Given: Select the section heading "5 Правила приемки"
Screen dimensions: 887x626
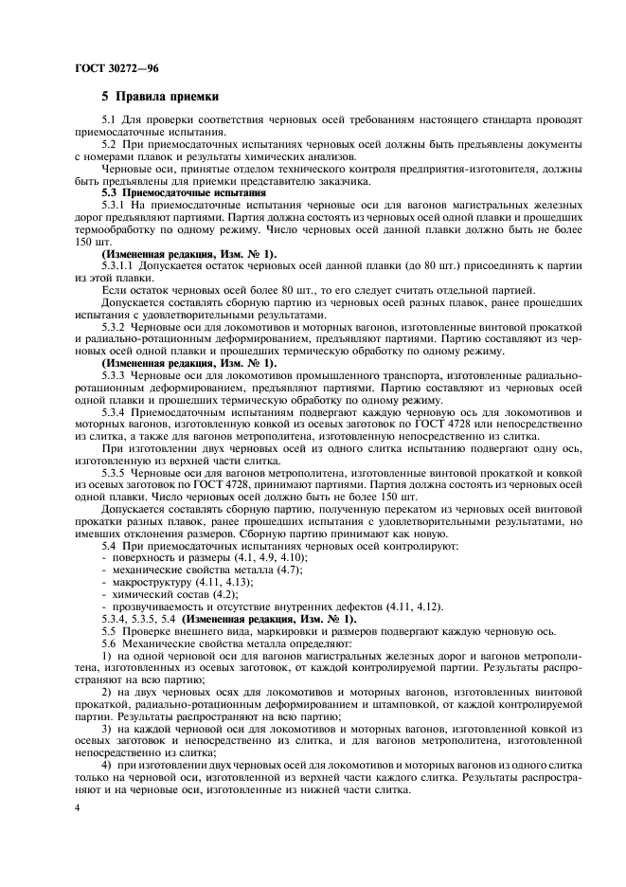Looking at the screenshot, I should (x=160, y=98).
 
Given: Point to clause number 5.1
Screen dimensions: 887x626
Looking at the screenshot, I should (x=108, y=119).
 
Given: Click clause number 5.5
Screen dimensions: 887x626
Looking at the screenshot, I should (x=108, y=631).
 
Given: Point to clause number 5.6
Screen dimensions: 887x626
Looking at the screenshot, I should (x=108, y=643).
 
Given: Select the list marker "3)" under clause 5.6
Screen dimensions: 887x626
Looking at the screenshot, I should (x=106, y=729).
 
